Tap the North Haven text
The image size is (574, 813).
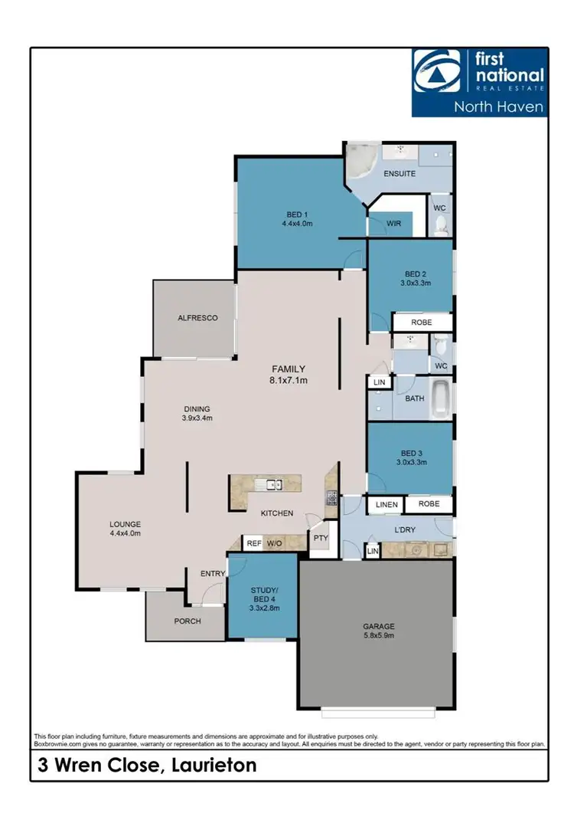click(498, 107)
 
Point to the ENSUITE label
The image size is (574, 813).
click(400, 174)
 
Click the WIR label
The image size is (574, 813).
click(393, 223)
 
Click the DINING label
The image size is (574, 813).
click(196, 408)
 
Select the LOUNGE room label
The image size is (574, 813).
click(125, 524)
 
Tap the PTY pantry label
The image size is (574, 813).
click(319, 538)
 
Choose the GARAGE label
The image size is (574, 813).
click(378, 626)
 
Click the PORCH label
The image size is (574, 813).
click(188, 621)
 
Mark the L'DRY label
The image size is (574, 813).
click(404, 530)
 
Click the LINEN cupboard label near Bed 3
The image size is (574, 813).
click(386, 504)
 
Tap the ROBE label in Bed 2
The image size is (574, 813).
click(422, 323)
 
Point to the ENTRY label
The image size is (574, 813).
click(212, 573)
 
